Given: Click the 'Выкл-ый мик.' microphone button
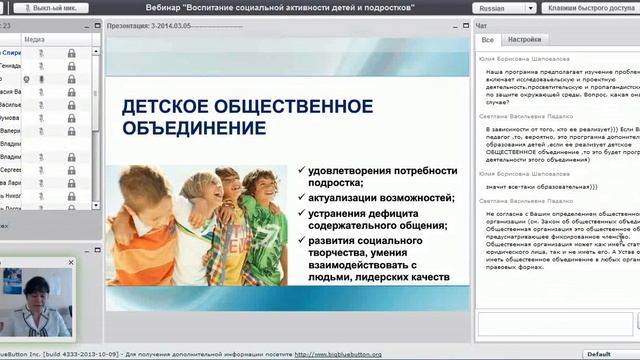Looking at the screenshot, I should pyautogui.click(x=56, y=7).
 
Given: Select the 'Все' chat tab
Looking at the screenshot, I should pyautogui.click(x=488, y=40).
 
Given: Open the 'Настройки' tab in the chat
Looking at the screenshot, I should pyautogui.click(x=524, y=40).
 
